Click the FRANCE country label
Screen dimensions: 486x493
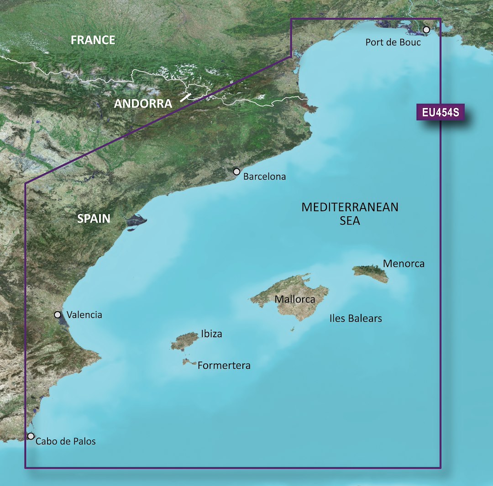click(x=93, y=40)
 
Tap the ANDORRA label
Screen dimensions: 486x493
click(x=143, y=104)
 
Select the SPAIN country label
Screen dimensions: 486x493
click(x=94, y=219)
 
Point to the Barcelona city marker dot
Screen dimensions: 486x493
click(x=236, y=172)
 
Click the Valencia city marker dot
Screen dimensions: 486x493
click(x=58, y=314)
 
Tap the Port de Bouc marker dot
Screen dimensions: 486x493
click(x=426, y=30)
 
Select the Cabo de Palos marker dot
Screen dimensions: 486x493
click(x=31, y=436)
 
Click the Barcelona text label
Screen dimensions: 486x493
click(x=265, y=177)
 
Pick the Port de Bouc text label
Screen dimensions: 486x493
click(x=393, y=42)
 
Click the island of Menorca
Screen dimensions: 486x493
click(x=371, y=272)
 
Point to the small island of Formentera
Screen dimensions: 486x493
click(x=188, y=362)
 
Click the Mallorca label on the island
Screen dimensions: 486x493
click(x=295, y=299)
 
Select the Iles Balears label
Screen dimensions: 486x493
click(x=356, y=319)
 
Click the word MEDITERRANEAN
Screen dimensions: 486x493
click(x=350, y=207)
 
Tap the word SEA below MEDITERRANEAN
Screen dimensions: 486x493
click(x=350, y=221)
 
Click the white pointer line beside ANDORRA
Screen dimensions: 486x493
click(x=185, y=97)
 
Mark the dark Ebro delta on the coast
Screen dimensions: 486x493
click(x=136, y=222)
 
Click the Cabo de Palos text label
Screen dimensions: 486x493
click(x=65, y=441)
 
